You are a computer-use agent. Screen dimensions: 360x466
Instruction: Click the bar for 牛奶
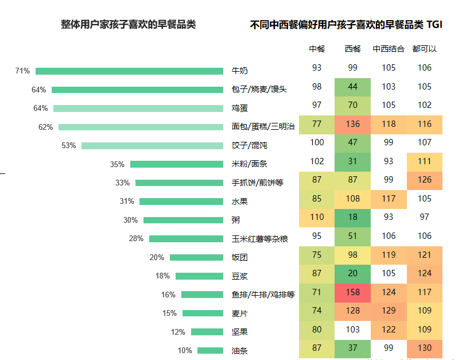pos(129,71)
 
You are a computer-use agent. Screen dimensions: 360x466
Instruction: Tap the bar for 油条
pos(210,351)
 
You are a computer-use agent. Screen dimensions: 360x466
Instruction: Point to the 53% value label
pos(68,146)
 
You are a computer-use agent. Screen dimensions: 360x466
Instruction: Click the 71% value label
pos(22,71)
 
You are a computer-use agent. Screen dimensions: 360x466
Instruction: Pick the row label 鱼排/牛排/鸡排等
pos(263,295)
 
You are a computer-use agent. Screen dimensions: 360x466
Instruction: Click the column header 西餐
pos(353,49)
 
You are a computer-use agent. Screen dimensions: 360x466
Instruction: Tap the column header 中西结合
pos(389,49)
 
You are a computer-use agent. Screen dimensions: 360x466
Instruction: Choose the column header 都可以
pos(424,49)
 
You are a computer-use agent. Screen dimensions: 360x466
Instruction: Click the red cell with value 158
pos(353,292)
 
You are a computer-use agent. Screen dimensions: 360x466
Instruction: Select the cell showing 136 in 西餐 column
pos(353,124)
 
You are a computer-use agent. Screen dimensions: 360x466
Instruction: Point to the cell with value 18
pos(353,217)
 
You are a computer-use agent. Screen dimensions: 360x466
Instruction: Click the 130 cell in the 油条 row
pos(425,348)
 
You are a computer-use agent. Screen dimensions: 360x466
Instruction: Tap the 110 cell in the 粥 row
pos(317,217)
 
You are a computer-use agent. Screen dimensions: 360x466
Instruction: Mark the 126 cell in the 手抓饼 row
pos(425,180)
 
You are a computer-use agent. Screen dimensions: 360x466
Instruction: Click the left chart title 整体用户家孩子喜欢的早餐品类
pos(129,25)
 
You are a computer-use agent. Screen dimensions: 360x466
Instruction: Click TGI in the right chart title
pos(434,25)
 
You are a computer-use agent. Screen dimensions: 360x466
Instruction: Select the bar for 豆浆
pos(199,276)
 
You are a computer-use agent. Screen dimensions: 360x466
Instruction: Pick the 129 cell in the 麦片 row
pos(389,311)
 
